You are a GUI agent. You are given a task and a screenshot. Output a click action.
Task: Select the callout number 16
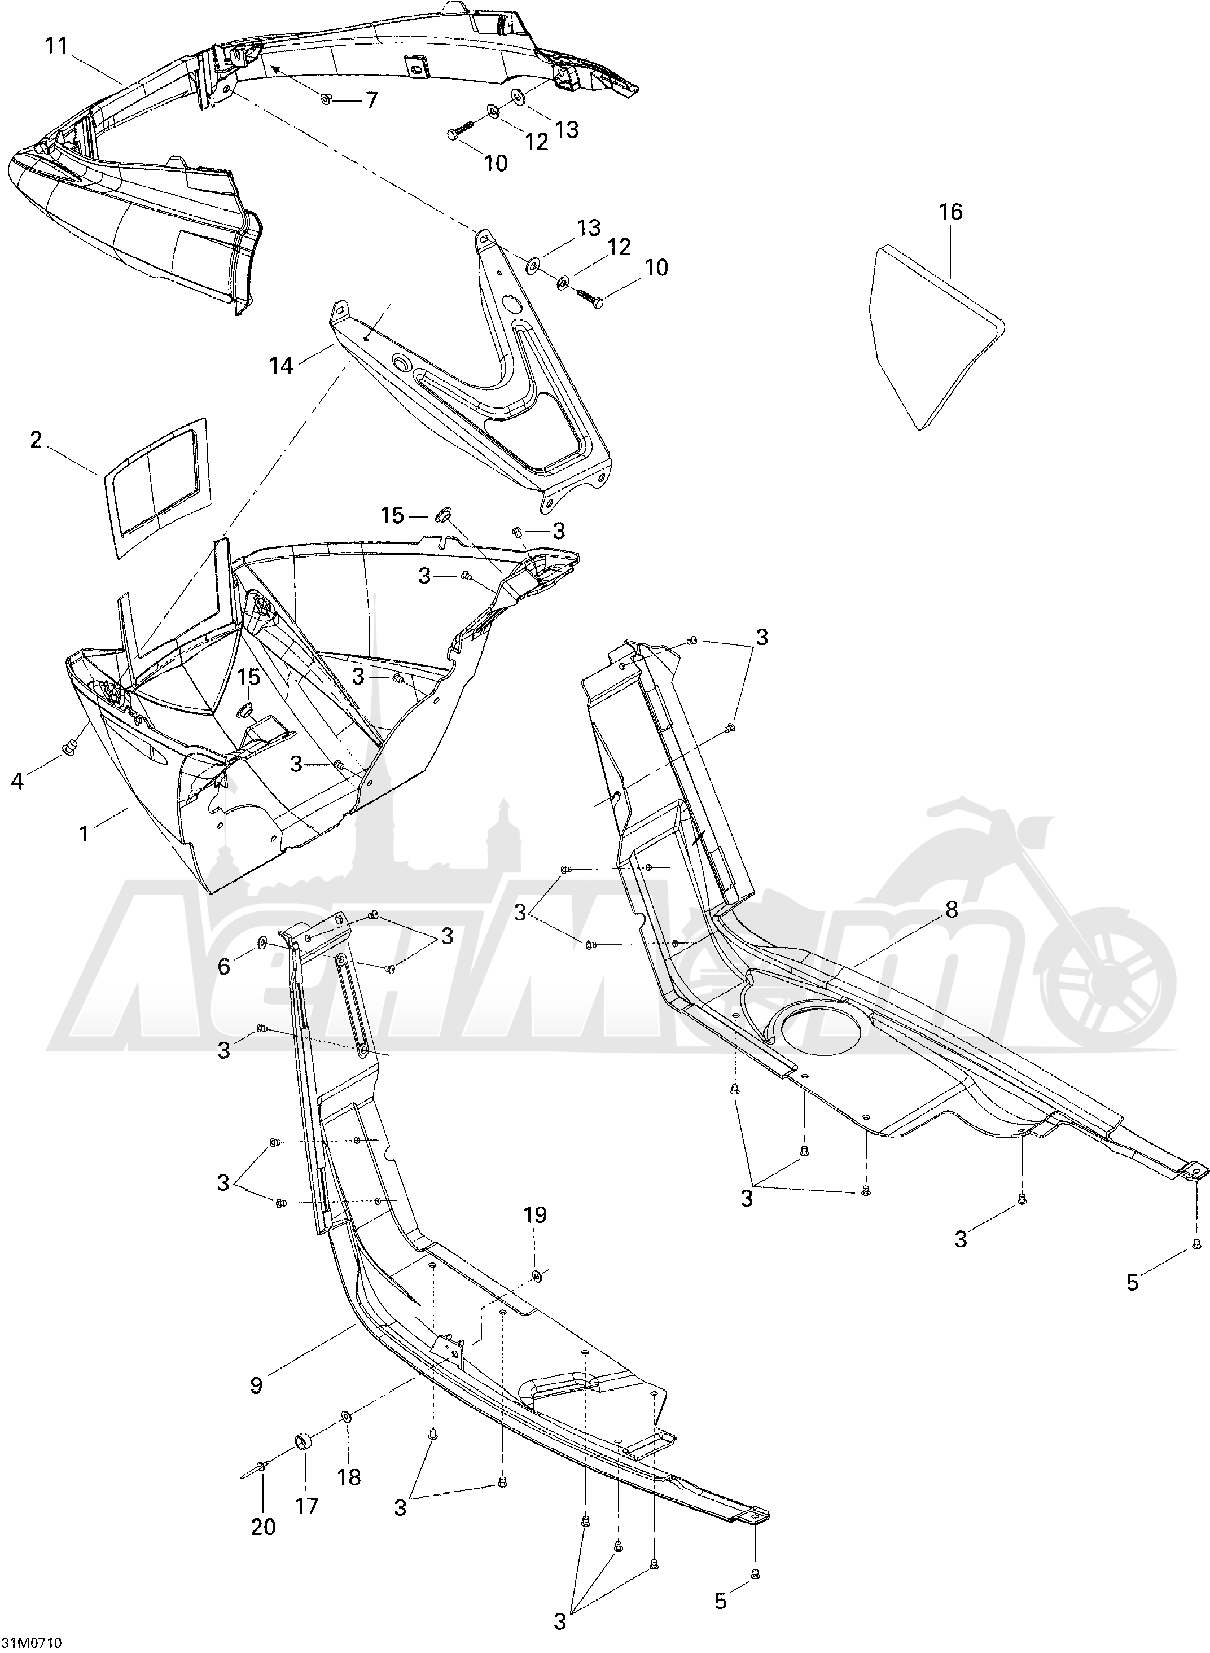pyautogui.click(x=951, y=212)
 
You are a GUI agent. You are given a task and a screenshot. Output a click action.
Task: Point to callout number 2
pyautogui.click(x=35, y=440)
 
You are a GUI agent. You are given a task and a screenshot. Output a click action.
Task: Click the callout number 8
pyautogui.click(x=952, y=910)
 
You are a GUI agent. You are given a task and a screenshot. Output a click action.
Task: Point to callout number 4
pyautogui.click(x=17, y=782)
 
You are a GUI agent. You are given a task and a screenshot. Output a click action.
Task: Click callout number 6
pyautogui.click(x=223, y=967)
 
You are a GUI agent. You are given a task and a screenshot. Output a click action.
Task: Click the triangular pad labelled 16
pyautogui.click(x=937, y=336)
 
